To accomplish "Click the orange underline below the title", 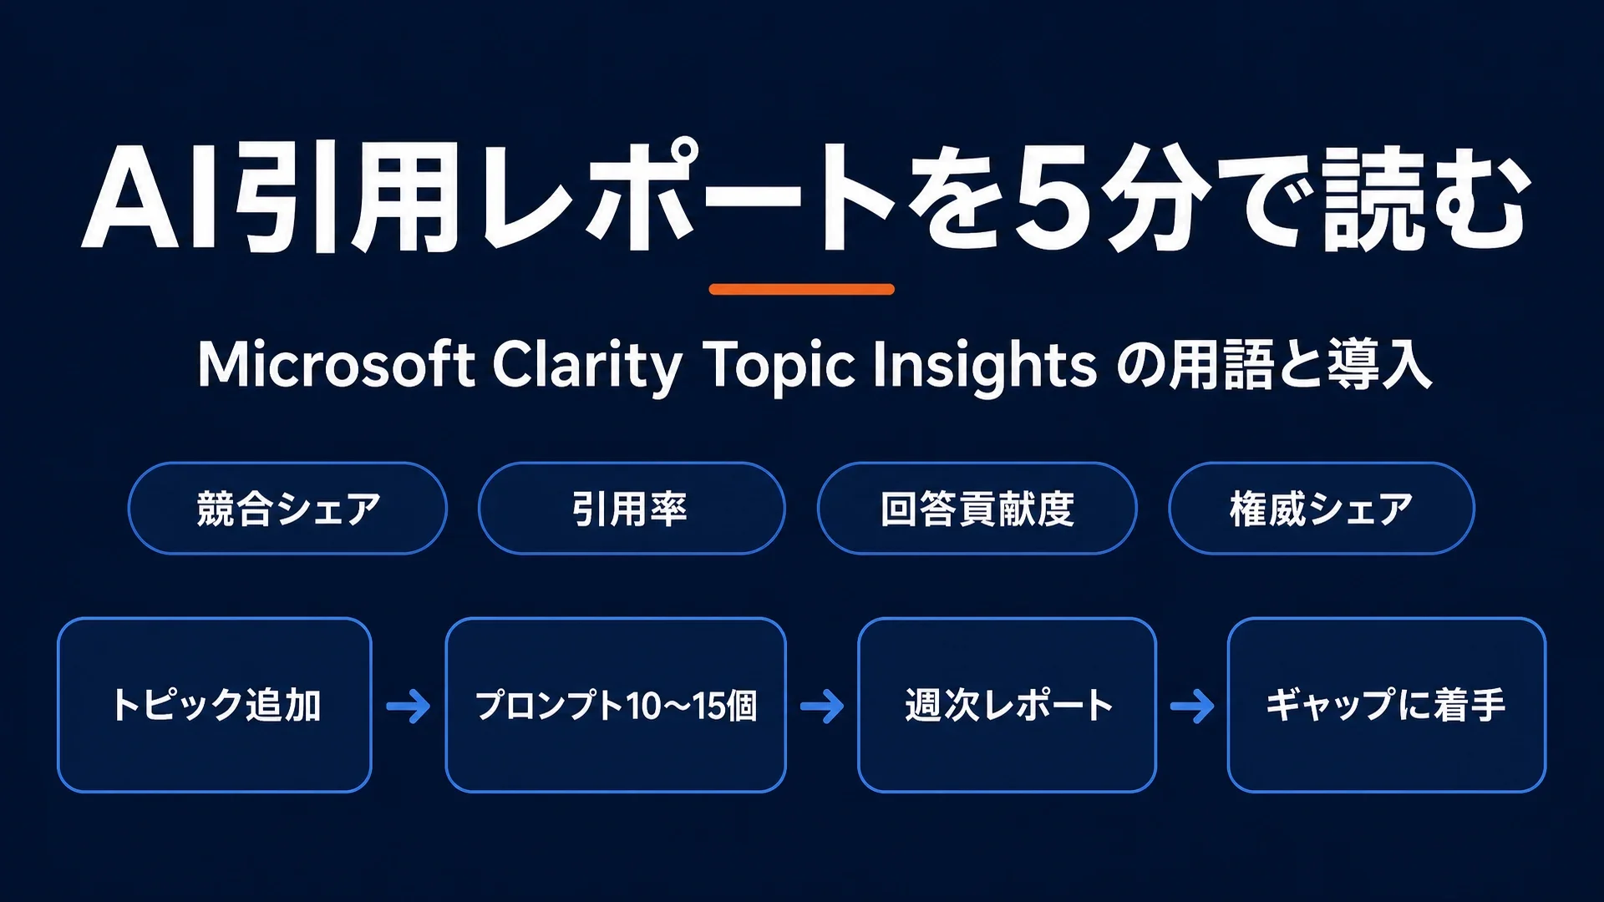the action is (802, 289).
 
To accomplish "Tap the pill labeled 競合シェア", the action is (287, 508).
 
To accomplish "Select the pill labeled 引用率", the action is (632, 508).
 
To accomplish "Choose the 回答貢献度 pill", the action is (977, 508).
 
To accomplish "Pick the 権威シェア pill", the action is (1322, 508).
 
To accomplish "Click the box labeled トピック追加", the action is (215, 705).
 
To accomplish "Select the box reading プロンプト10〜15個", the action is (616, 705).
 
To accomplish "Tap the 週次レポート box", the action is (1007, 705).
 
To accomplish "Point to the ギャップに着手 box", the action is (1387, 705).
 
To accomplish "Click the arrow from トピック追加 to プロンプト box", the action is (409, 707).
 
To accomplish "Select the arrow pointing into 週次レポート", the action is (822, 707).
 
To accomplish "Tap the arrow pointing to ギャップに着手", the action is (1192, 707).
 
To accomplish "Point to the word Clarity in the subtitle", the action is (587, 367).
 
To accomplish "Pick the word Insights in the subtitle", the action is (984, 367).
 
